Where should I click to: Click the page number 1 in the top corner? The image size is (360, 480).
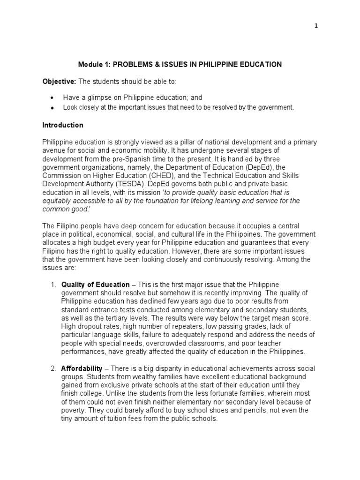[316, 26]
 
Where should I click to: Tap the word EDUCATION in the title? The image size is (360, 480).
[259, 64]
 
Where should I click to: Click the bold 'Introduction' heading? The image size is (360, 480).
[63, 125]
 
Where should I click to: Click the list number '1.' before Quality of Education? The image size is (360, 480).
[53, 285]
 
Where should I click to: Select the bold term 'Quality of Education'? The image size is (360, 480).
[96, 285]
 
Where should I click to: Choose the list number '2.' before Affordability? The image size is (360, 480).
[53, 368]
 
